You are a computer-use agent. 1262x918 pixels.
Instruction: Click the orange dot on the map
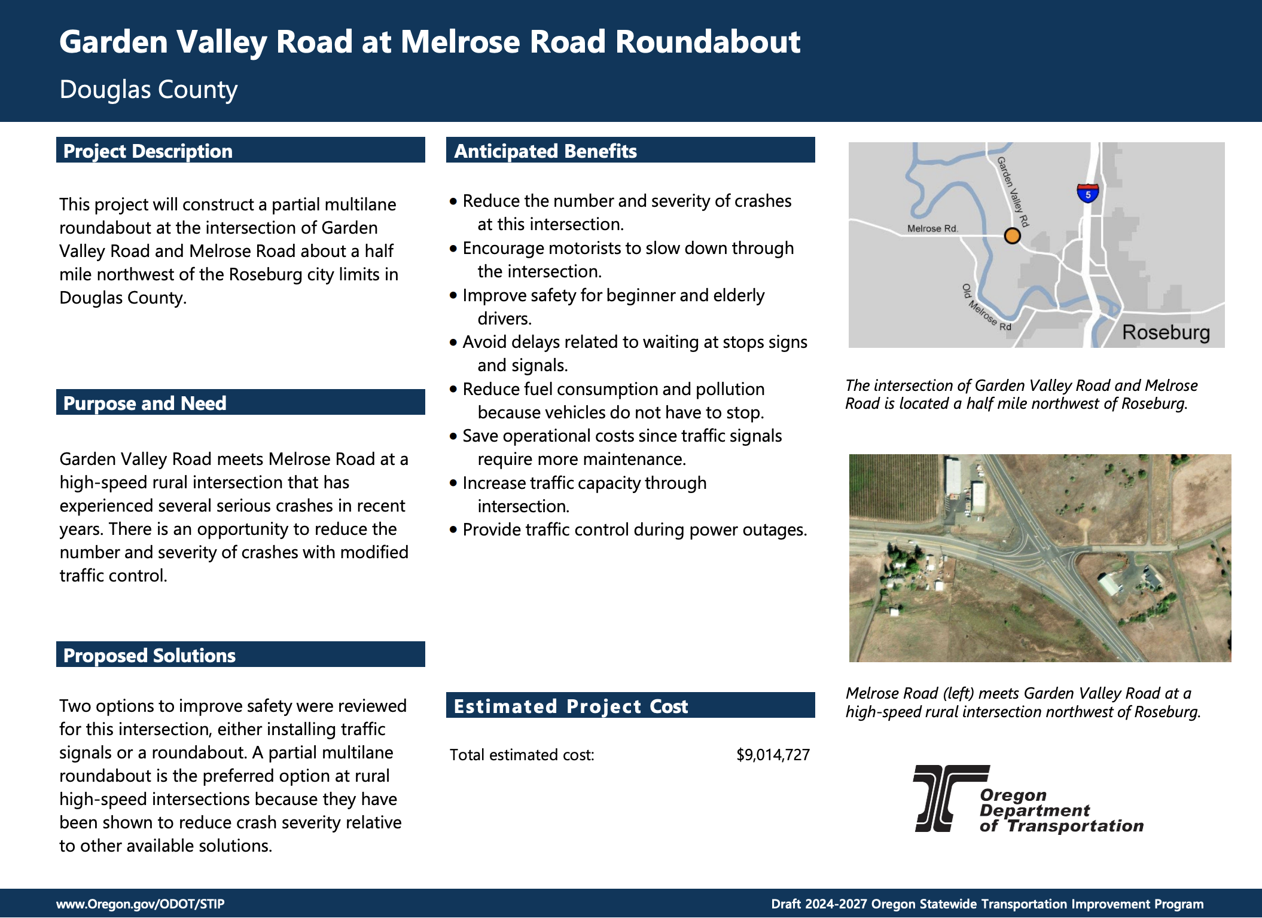coord(1011,236)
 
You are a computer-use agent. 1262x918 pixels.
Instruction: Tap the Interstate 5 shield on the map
coord(1087,193)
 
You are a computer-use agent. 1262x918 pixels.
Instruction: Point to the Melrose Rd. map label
coord(932,228)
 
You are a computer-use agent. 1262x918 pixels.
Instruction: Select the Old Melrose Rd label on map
coord(986,308)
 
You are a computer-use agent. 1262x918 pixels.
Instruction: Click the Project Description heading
coord(148,151)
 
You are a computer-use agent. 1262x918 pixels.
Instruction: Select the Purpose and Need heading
coord(145,403)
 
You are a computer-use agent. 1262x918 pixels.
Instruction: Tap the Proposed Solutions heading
coord(150,656)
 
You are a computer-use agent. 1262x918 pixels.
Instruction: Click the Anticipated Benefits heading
coord(545,151)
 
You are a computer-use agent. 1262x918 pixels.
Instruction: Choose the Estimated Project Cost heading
coord(571,706)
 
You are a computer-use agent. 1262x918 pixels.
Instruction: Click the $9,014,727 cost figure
coord(773,755)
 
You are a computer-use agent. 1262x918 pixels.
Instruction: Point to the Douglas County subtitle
coord(148,90)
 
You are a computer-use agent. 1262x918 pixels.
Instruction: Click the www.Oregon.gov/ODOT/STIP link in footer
coord(141,904)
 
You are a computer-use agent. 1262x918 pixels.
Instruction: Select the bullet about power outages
coord(634,530)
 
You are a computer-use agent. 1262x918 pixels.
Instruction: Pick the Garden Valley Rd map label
coord(1013,191)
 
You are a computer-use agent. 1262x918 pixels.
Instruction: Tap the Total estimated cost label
coord(522,755)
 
